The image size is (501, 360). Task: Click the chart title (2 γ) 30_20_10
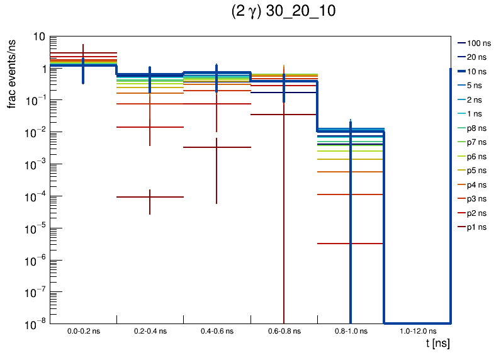(283, 12)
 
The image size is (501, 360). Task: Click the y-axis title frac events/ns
(12, 72)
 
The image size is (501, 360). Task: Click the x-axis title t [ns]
(437, 344)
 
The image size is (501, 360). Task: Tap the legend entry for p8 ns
(474, 128)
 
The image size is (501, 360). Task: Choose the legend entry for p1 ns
(474, 227)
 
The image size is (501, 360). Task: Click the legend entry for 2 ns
(474, 99)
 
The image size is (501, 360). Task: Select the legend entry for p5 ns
(474, 171)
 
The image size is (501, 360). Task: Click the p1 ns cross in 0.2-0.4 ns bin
(150, 197)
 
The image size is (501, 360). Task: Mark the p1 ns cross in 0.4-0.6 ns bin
(217, 147)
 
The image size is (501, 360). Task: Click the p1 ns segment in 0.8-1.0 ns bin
(350, 244)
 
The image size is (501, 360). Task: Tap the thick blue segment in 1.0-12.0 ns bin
(417, 322)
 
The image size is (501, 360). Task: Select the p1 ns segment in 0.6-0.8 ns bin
(283, 115)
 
